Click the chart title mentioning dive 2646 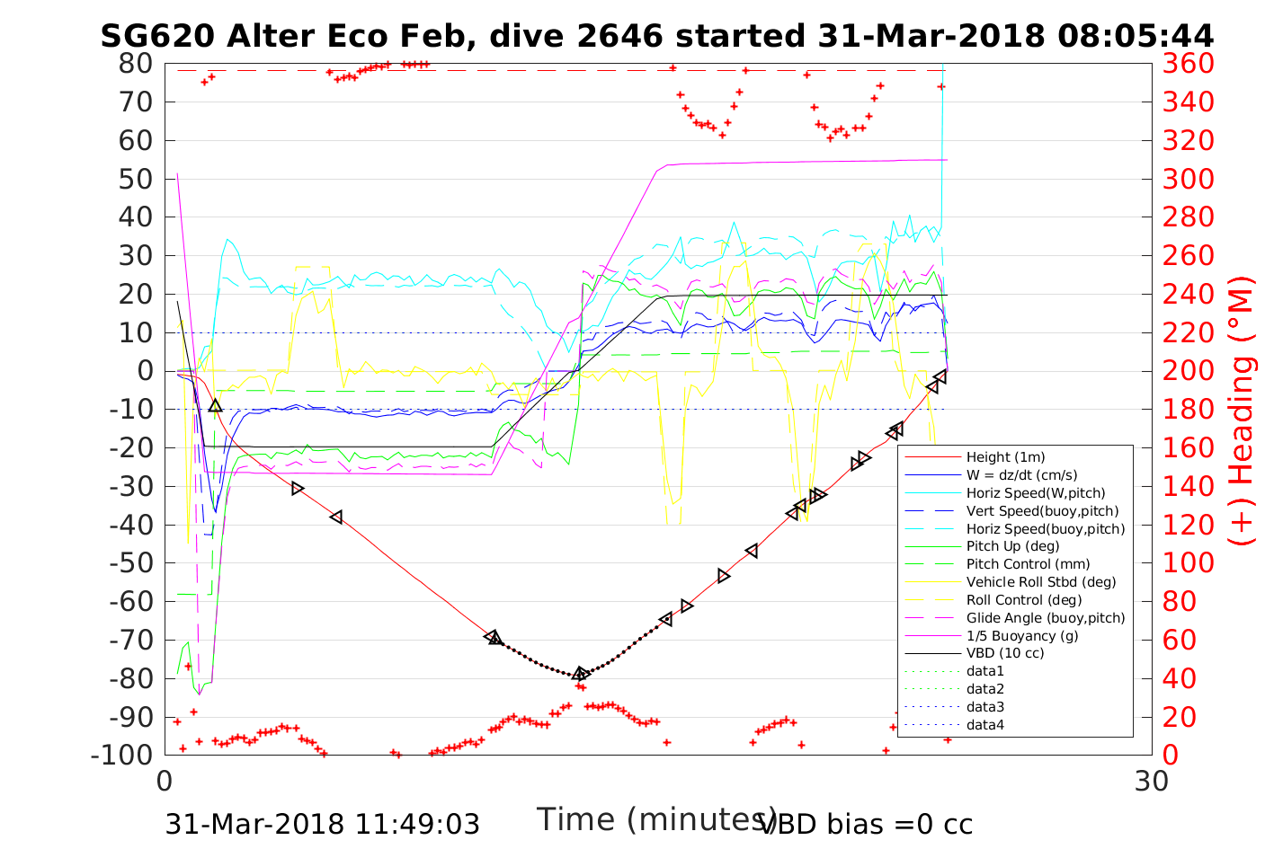coord(656,36)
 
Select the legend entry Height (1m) coord(1005,457)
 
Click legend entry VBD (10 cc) coord(1005,653)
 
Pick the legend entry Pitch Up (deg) coord(1012,546)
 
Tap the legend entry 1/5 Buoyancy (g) coord(1021,635)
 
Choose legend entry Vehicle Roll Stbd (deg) coord(1040,582)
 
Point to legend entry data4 coord(984,724)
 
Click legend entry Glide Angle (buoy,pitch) coord(1045,617)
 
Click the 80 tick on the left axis coord(136,64)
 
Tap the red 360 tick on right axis coord(1189,64)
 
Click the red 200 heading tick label coord(1189,371)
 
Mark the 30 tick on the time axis coord(1152,781)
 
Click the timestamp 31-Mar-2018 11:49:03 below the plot coord(322,824)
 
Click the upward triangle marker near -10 coord(215,406)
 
